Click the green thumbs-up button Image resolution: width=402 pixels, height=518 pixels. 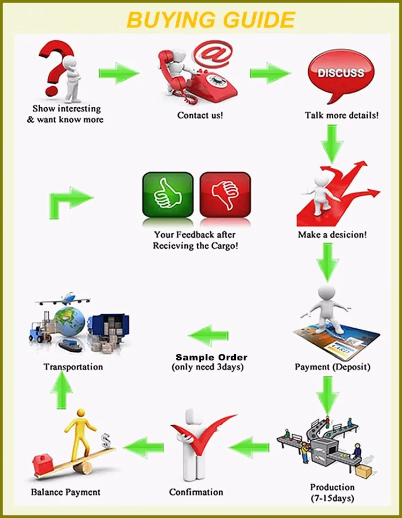point(167,194)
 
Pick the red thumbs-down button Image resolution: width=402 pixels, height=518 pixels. point(225,194)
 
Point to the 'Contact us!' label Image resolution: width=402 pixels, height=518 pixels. point(200,115)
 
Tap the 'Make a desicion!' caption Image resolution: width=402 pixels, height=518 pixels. point(332,234)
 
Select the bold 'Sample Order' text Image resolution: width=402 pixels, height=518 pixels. point(212,357)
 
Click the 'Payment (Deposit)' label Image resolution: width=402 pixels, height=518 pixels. point(332,367)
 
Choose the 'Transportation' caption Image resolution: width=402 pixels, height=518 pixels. point(73,367)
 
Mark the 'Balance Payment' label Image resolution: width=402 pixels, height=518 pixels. point(65,492)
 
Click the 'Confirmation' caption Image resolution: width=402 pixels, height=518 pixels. point(196,492)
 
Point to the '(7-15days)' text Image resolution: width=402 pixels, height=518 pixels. point(332,498)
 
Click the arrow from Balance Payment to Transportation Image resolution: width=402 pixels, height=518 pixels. point(64,389)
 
